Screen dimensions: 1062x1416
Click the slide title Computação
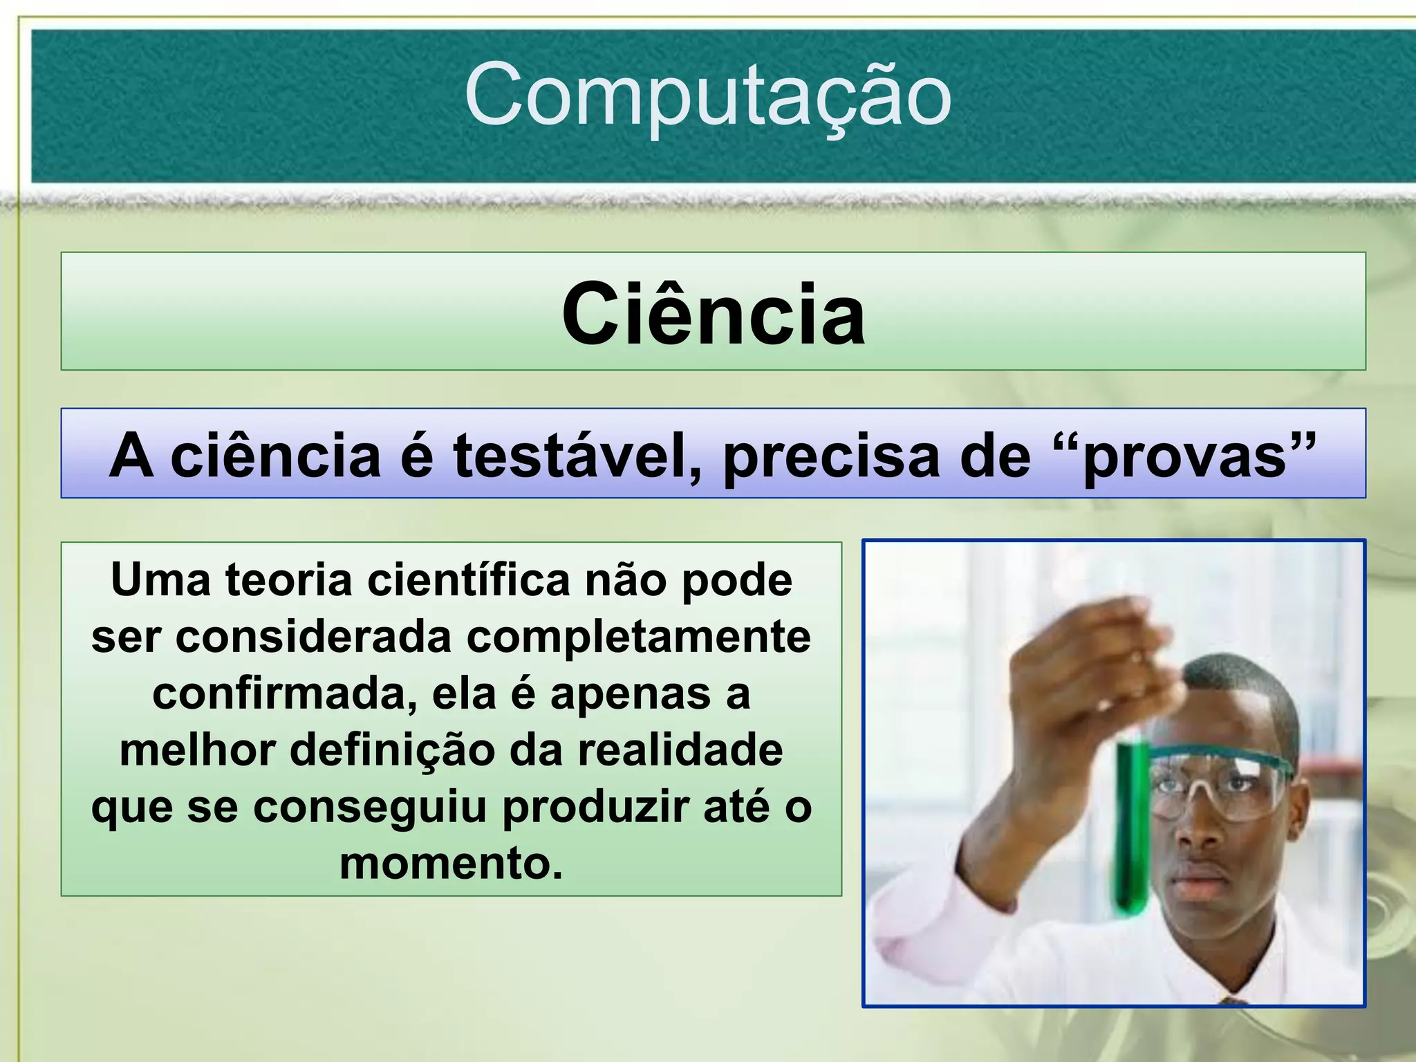click(708, 95)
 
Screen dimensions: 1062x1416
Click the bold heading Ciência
click(713, 315)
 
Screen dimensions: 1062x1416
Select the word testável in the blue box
click(577, 456)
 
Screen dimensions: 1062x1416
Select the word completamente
click(638, 637)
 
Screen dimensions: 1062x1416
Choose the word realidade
click(680, 751)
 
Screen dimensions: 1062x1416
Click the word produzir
click(595, 808)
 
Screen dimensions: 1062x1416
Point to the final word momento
click(451, 864)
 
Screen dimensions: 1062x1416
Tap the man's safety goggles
click(1217, 781)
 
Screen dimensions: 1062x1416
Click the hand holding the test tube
click(1086, 678)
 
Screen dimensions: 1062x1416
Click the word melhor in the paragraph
click(198, 751)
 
